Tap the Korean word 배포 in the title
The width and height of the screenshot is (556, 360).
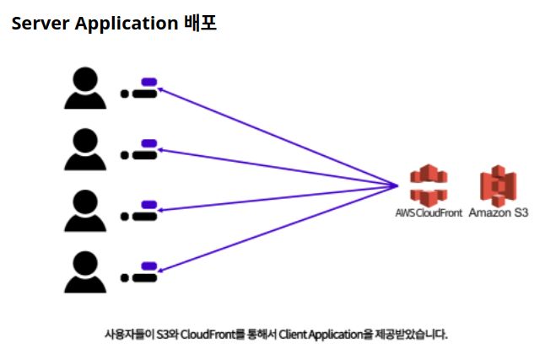point(201,24)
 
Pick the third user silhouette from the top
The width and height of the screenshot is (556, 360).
point(84,211)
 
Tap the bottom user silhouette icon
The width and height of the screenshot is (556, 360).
point(84,271)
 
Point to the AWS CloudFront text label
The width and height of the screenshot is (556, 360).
point(429,213)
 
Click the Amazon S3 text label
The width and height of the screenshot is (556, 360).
point(499,213)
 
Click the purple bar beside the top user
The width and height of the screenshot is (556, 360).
point(149,82)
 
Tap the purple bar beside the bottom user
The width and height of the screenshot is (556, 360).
point(149,266)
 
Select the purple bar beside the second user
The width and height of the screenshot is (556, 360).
point(149,143)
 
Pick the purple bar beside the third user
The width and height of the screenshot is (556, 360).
point(149,205)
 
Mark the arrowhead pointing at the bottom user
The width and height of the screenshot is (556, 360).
point(160,271)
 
